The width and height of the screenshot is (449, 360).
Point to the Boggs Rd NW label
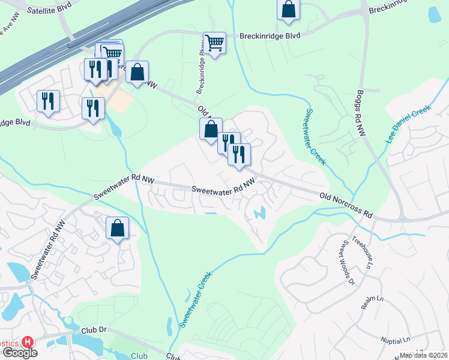click(x=360, y=113)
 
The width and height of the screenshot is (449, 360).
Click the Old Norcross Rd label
click(x=346, y=205)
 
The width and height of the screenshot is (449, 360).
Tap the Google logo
click(x=19, y=353)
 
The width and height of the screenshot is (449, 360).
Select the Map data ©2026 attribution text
click(x=424, y=355)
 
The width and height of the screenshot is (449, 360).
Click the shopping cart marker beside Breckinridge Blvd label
click(x=214, y=43)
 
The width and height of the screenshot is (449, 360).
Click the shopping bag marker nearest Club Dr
click(x=117, y=229)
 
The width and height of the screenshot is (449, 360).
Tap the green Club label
click(x=139, y=356)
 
